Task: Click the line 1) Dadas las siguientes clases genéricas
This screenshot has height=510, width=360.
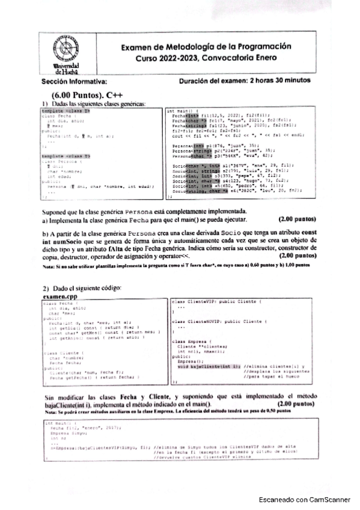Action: click(94, 104)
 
